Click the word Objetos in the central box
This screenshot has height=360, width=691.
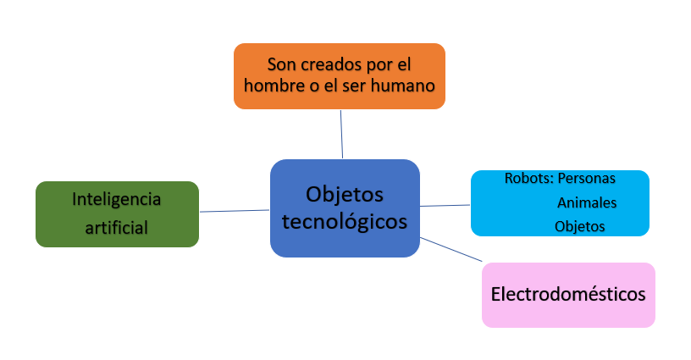pyautogui.click(x=345, y=195)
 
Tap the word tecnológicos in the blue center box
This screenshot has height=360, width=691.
pyautogui.click(x=345, y=222)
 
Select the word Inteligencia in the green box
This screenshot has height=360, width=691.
pyautogui.click(x=116, y=200)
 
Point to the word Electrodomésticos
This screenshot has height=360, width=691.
pyautogui.click(x=568, y=295)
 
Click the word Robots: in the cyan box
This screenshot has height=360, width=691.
pyautogui.click(x=528, y=179)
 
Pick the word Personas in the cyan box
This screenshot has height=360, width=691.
pyautogui.click(x=587, y=179)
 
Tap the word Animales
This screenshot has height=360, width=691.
pyautogui.click(x=587, y=202)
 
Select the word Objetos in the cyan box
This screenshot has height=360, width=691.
pyautogui.click(x=580, y=226)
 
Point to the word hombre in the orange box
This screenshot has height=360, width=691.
pyautogui.click(x=270, y=86)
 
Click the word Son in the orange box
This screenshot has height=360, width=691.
pyautogui.click(x=279, y=64)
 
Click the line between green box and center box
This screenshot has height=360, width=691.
pyautogui.click(x=235, y=211)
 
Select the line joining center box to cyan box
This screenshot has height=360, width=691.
pyautogui.click(x=445, y=205)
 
